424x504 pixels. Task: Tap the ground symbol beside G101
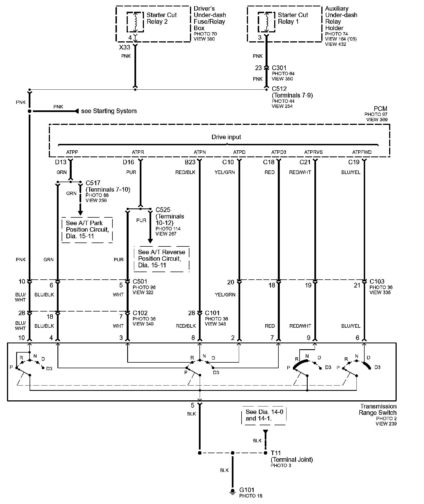pos(232,492)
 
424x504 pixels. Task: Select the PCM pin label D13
pos(61,162)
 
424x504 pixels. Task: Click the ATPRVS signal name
pos(313,152)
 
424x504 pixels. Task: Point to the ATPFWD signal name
pos(362,152)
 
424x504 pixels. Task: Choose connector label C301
pos(279,68)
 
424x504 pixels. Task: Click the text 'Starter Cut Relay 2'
pos(162,18)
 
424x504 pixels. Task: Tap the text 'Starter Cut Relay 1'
pos(293,18)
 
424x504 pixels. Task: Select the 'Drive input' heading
pos(226,137)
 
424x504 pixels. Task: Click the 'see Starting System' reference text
pos(109,111)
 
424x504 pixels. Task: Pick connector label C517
pos(93,183)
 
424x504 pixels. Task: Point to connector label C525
pos(163,210)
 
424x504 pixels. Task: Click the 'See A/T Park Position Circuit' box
pos(87,230)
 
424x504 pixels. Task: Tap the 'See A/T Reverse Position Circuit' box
pos(162,259)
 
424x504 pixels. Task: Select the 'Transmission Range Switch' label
pos(378,409)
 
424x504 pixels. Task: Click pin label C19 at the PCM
pos(354,162)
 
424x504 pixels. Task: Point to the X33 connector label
pos(125,47)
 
